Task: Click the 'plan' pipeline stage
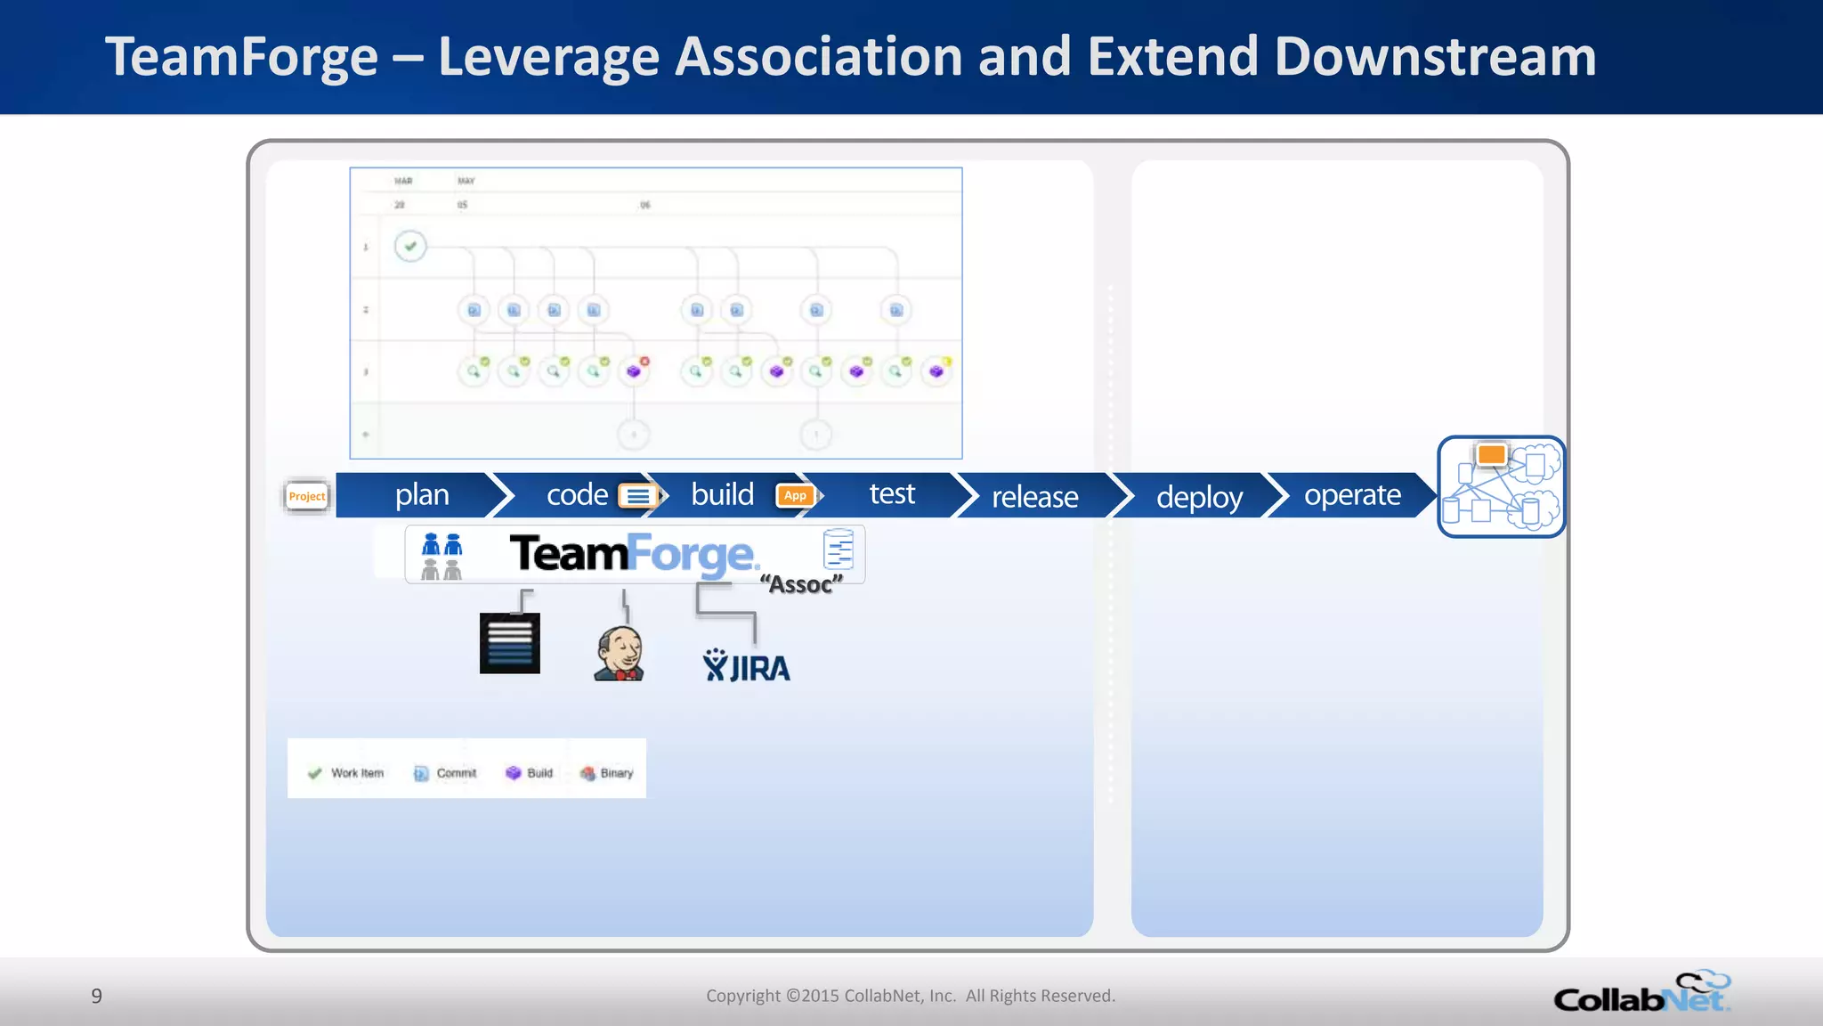(x=422, y=494)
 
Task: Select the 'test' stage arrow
(x=891, y=494)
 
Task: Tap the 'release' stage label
(x=1034, y=496)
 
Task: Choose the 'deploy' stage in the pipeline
(x=1199, y=496)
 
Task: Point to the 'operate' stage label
(x=1352, y=494)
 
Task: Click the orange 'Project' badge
(x=307, y=496)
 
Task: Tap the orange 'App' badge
(x=795, y=495)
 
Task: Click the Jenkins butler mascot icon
(x=619, y=653)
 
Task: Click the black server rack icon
(x=509, y=643)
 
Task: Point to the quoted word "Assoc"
(x=801, y=584)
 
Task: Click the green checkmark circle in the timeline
(x=410, y=246)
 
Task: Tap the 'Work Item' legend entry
(x=346, y=773)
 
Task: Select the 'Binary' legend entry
(x=607, y=773)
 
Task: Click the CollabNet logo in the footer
(x=1641, y=993)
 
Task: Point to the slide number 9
(x=97, y=996)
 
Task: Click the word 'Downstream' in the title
(x=1435, y=57)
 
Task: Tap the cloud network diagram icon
(x=1502, y=486)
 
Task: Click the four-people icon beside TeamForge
(x=442, y=556)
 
